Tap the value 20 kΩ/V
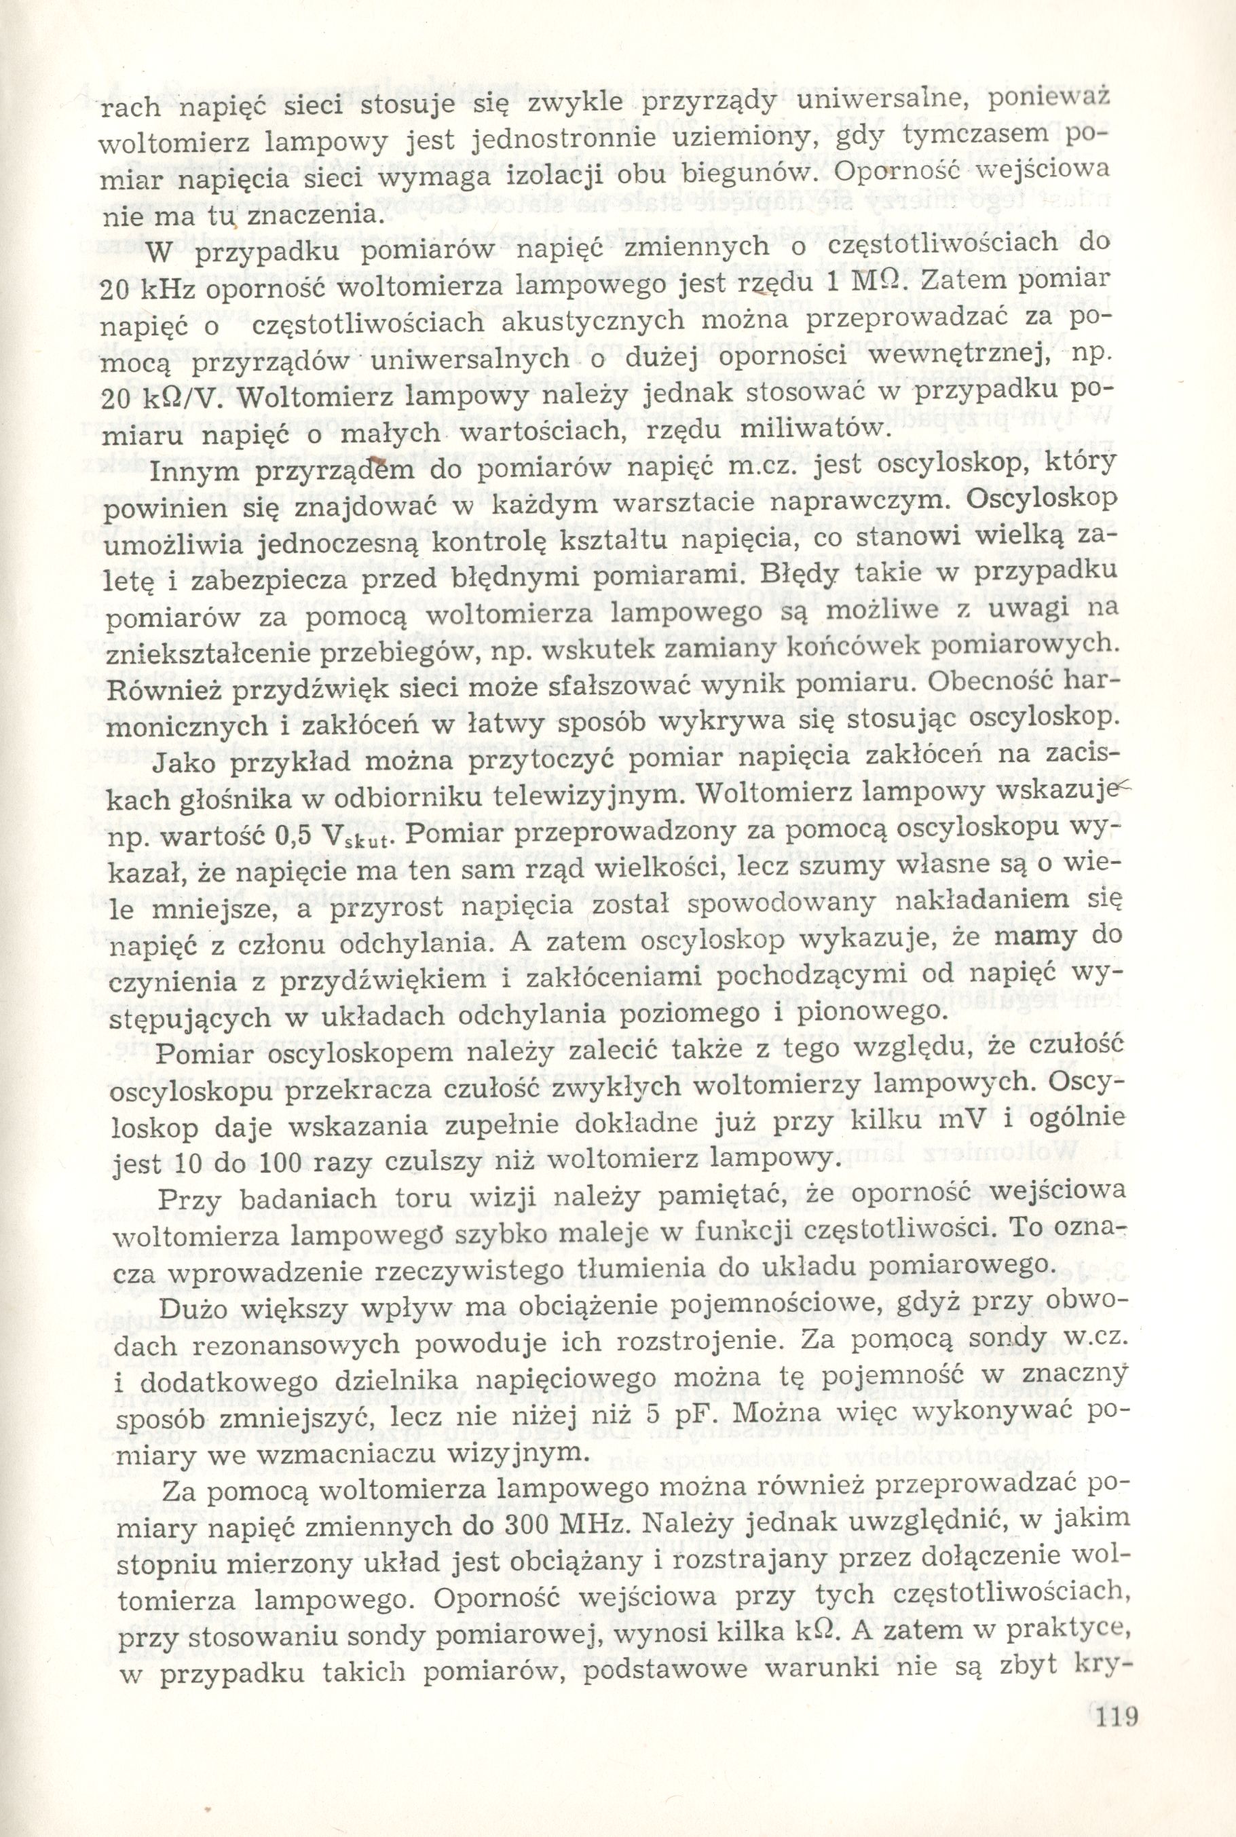162,401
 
